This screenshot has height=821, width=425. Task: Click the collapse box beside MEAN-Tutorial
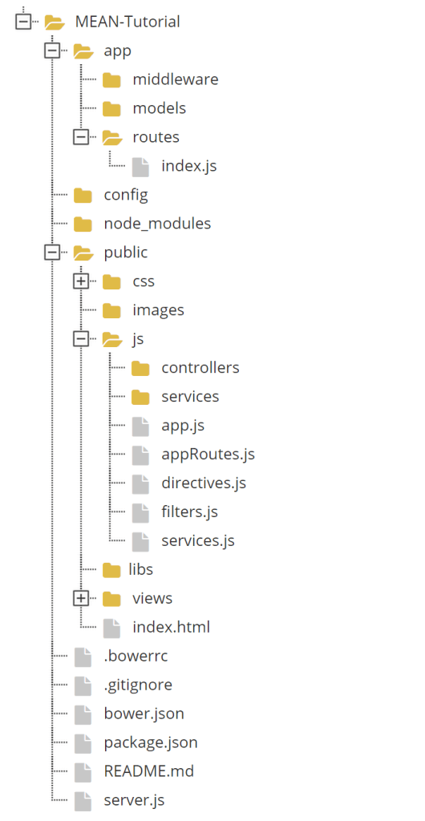coord(23,22)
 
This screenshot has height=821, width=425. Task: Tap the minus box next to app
coord(52,51)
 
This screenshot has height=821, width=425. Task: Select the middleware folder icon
coord(111,80)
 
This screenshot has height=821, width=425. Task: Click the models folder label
coord(160,108)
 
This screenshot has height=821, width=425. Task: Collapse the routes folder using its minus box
coord(81,137)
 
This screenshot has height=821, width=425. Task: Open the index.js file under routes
coord(189,166)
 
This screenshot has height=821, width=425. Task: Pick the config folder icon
coord(83,196)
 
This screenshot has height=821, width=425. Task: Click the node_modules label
coord(157,224)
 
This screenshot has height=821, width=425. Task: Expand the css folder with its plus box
coord(81,281)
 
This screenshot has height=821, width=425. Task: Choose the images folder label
coord(159,310)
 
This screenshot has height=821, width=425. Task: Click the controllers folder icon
coord(140,369)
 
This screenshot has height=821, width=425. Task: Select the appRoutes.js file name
coord(208,455)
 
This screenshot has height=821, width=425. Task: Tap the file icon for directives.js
coord(140,483)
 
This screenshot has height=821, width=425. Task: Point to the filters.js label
coord(190,512)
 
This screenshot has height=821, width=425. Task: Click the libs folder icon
coord(111,570)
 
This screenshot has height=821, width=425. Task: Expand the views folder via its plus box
coord(81,598)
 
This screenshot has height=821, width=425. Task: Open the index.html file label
coord(172,627)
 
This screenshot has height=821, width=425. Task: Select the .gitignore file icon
coord(83,685)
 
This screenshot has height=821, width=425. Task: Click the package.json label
coord(151,742)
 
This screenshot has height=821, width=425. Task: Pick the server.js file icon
coord(83,801)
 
